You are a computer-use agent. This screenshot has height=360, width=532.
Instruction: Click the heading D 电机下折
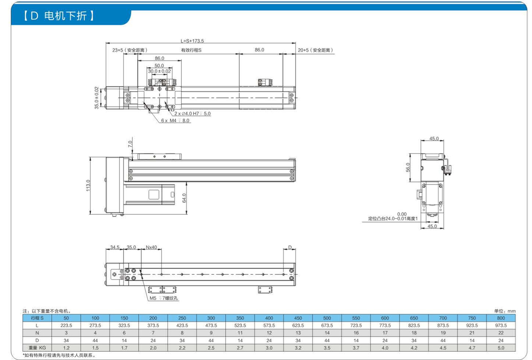[x=59, y=16]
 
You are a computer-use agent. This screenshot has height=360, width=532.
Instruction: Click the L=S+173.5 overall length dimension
[x=192, y=41]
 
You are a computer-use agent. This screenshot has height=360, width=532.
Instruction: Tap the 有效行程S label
[x=191, y=50]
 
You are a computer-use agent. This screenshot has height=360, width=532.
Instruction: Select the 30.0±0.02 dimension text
[x=160, y=71]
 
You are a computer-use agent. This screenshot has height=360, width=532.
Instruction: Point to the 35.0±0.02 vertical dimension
[x=97, y=98]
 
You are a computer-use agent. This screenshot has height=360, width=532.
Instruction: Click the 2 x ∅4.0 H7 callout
[x=192, y=113]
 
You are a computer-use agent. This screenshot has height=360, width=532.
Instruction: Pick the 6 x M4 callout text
[x=175, y=120]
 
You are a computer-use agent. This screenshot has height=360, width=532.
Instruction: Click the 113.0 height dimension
[x=88, y=185]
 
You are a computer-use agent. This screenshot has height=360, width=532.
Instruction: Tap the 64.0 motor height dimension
[x=184, y=198]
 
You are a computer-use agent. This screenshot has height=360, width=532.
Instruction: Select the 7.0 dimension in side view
[x=130, y=144]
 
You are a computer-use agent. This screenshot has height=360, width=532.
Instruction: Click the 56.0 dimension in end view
[x=408, y=167]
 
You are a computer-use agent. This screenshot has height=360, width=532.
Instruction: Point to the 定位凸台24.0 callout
[x=393, y=219]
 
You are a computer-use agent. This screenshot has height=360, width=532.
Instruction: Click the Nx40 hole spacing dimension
[x=151, y=247]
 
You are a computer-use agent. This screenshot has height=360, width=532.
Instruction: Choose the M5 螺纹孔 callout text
[x=164, y=298]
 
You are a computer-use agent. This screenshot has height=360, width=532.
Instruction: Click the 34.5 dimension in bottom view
[x=115, y=247]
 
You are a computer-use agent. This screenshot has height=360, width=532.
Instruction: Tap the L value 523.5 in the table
[x=240, y=325]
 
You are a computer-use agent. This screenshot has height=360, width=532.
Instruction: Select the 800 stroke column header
[x=501, y=318]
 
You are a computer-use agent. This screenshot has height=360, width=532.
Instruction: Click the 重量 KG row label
[x=37, y=348]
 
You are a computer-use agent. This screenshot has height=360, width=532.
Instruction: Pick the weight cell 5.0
[x=501, y=348]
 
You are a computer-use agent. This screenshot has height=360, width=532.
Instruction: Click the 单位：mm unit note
[x=505, y=311]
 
